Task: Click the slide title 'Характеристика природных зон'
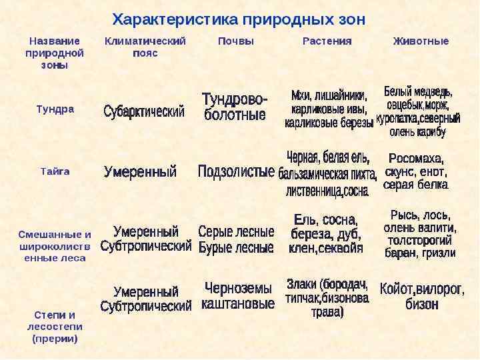click(x=239, y=19)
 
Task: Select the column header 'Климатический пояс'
click(x=145, y=47)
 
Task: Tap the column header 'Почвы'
click(x=236, y=41)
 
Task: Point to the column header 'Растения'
click(x=327, y=41)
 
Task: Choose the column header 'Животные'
click(x=421, y=41)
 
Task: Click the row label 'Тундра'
click(x=55, y=109)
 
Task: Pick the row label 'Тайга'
click(x=55, y=171)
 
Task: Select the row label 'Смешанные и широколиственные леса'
click(x=55, y=246)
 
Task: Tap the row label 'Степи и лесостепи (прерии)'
click(x=55, y=326)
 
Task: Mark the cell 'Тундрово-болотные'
click(x=235, y=107)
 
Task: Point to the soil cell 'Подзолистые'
click(x=236, y=172)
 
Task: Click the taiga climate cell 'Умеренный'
click(x=141, y=172)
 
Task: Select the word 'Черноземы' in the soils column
click(x=238, y=289)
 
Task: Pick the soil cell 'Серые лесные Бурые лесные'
click(x=236, y=240)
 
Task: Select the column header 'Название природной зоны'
click(x=55, y=53)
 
